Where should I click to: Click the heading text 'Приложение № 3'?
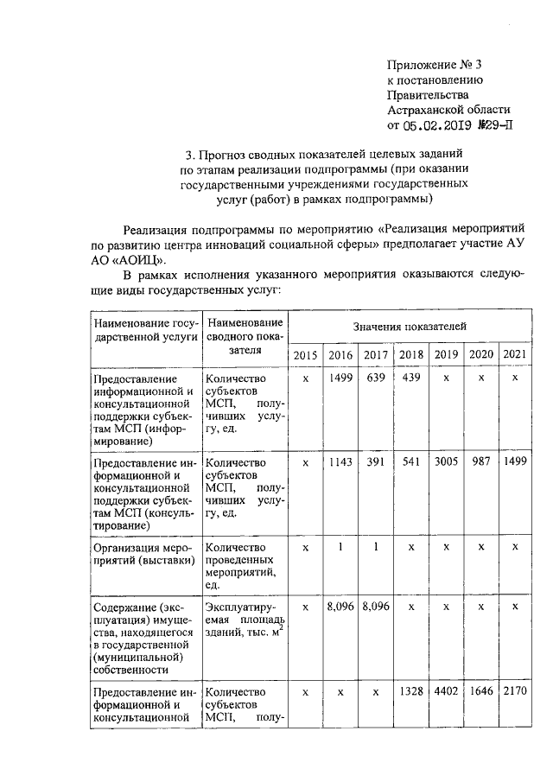click(433, 65)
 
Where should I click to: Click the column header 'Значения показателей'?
click(410, 327)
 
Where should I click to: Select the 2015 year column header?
click(305, 355)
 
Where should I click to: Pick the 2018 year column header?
click(410, 355)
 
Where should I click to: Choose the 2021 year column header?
click(514, 355)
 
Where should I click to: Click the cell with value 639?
click(375, 378)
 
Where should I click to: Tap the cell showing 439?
click(410, 378)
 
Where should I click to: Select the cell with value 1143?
click(340, 462)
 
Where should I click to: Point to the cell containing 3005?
click(445, 462)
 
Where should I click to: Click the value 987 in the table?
click(480, 462)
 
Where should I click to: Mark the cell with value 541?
click(410, 462)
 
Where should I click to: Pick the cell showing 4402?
click(445, 691)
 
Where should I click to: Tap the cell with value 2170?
click(514, 691)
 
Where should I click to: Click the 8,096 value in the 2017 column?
click(375, 607)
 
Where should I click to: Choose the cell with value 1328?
click(410, 691)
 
